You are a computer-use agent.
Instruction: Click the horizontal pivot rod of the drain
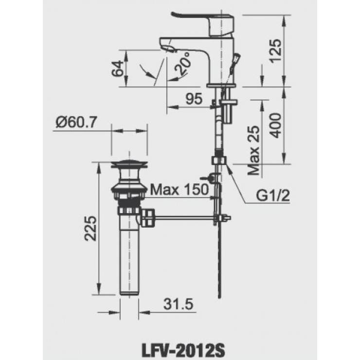tap(185, 217)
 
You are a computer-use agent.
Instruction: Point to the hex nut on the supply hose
tap(218, 161)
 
